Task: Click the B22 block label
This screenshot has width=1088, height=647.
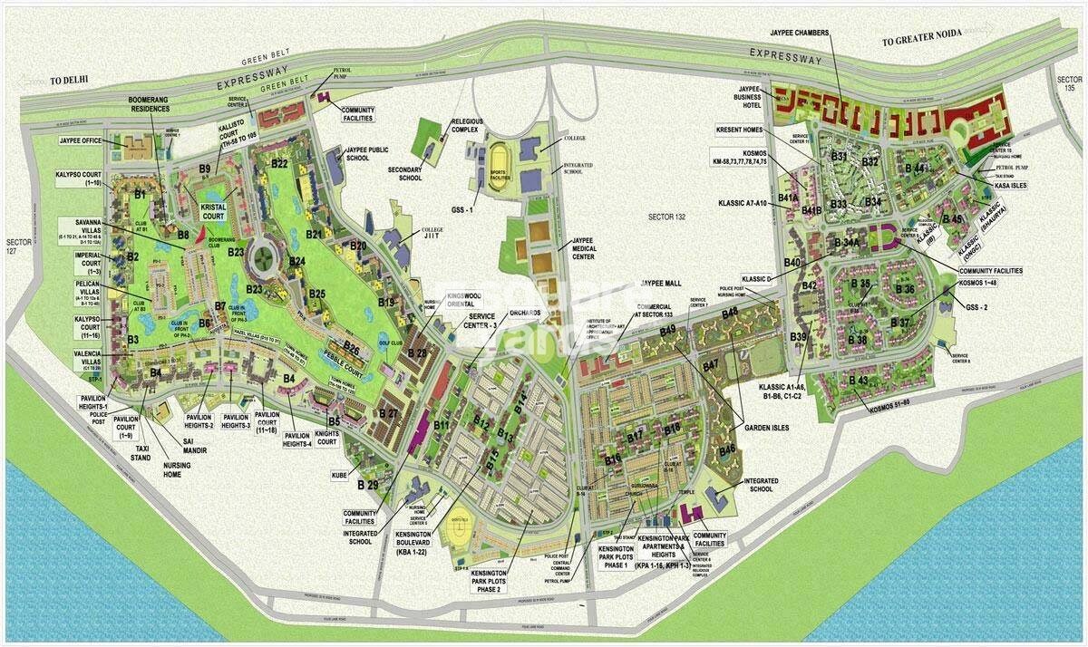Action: click(278, 164)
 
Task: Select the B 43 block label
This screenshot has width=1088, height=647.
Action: click(859, 381)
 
